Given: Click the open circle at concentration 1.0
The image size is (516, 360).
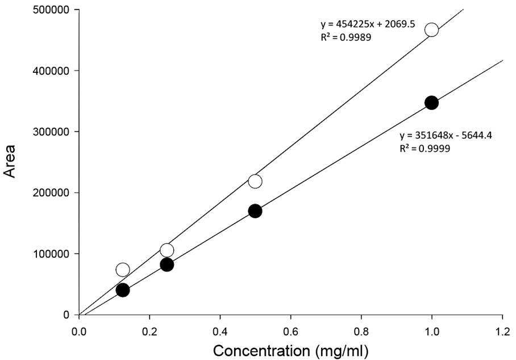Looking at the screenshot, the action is coord(431,30).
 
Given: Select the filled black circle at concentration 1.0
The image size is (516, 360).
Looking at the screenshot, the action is coord(431,103).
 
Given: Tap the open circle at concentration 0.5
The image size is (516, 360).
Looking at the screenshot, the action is coord(255,181).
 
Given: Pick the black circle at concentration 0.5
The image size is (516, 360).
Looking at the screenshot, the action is coord(255,211).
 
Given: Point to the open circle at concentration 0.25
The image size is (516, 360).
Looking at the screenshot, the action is coord(167,250).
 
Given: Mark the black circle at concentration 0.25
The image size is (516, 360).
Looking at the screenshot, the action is coord(167,264).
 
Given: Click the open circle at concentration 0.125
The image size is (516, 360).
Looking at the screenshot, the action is coord(123,270).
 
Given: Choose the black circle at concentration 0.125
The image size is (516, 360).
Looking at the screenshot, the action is coord(123,290).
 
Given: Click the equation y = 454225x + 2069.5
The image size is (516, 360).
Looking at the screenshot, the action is coord(368,24).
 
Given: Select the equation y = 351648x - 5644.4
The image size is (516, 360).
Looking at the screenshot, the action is coord(446,135).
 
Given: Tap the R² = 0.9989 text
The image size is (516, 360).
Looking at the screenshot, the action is coord(346,37).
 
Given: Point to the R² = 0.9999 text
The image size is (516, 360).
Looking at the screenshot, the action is coord(425,148).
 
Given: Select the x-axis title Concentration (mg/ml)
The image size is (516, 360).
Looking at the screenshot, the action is coord(290,351).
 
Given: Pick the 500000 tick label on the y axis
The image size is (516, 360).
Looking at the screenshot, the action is coord(52,10).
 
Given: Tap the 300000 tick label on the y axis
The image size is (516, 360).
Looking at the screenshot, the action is coord(52,132).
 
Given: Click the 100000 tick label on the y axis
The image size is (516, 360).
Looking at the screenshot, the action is coord(52,254).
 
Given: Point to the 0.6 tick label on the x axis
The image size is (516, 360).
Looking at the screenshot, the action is coord(290,332).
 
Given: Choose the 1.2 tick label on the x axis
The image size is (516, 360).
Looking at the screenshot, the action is coord(502,332).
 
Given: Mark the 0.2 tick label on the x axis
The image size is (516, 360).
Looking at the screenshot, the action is coord(149,332).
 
